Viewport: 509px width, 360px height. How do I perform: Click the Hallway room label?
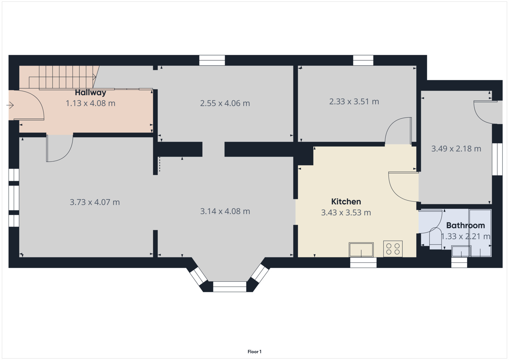click(x=90, y=92)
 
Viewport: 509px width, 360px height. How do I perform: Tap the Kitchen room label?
click(x=346, y=201)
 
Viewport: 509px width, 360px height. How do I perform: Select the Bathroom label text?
click(x=465, y=225)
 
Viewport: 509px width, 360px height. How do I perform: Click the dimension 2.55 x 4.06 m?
click(x=225, y=103)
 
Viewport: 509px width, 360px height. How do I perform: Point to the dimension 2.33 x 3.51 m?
click(x=354, y=101)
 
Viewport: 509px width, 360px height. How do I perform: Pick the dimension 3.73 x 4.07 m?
click(x=95, y=202)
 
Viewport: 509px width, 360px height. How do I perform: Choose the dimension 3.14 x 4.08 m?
click(x=225, y=211)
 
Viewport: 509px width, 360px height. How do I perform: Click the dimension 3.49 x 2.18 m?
click(x=456, y=149)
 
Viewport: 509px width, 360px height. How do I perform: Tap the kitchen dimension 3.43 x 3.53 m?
click(x=346, y=212)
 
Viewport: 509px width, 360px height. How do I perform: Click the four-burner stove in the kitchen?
click(x=393, y=249)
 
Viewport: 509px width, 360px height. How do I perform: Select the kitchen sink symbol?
click(x=361, y=250)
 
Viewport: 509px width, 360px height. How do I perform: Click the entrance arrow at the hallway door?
click(x=10, y=106)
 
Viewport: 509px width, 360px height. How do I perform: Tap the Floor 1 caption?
click(x=254, y=351)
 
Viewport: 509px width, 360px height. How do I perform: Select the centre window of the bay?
click(x=229, y=287)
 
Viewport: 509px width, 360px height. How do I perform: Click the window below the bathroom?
click(x=459, y=262)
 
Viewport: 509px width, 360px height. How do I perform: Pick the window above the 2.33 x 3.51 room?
click(x=363, y=60)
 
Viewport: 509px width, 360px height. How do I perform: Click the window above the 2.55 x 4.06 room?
click(x=212, y=60)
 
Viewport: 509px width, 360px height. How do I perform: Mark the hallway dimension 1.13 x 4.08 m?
click(x=90, y=103)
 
